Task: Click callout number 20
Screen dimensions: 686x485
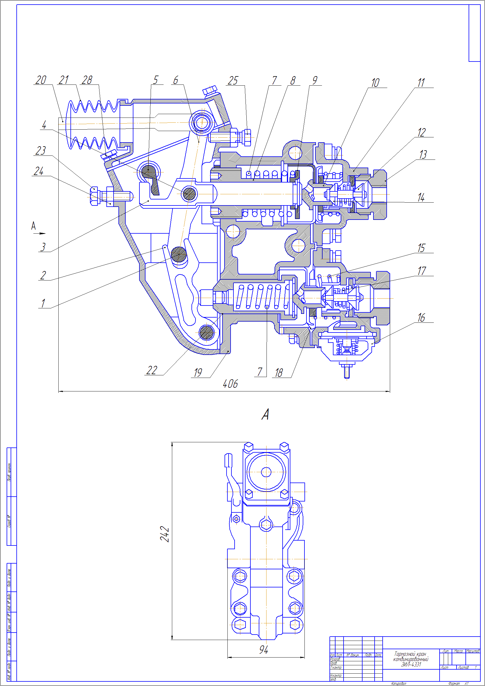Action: (41, 80)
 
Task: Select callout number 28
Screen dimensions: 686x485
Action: (87, 80)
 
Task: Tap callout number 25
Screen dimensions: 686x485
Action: (233, 81)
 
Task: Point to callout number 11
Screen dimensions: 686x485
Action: (421, 83)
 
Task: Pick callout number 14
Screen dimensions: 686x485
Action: (421, 197)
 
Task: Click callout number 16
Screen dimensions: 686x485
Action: (421, 318)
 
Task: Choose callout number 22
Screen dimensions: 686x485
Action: (152, 370)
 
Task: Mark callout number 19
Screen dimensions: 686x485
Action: (198, 373)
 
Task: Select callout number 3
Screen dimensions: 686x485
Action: (43, 247)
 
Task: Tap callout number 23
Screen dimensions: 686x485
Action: (41, 151)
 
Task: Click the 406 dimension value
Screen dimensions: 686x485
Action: (230, 384)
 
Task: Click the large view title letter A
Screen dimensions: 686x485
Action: (265, 415)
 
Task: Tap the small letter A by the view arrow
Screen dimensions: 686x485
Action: (33, 226)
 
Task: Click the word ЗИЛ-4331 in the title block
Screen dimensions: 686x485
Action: (411, 664)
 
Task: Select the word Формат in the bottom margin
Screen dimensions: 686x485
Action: (454, 684)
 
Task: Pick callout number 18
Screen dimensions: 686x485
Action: (279, 373)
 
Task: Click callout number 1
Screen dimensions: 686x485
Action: (43, 303)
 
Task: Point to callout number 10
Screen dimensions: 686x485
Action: (375, 83)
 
